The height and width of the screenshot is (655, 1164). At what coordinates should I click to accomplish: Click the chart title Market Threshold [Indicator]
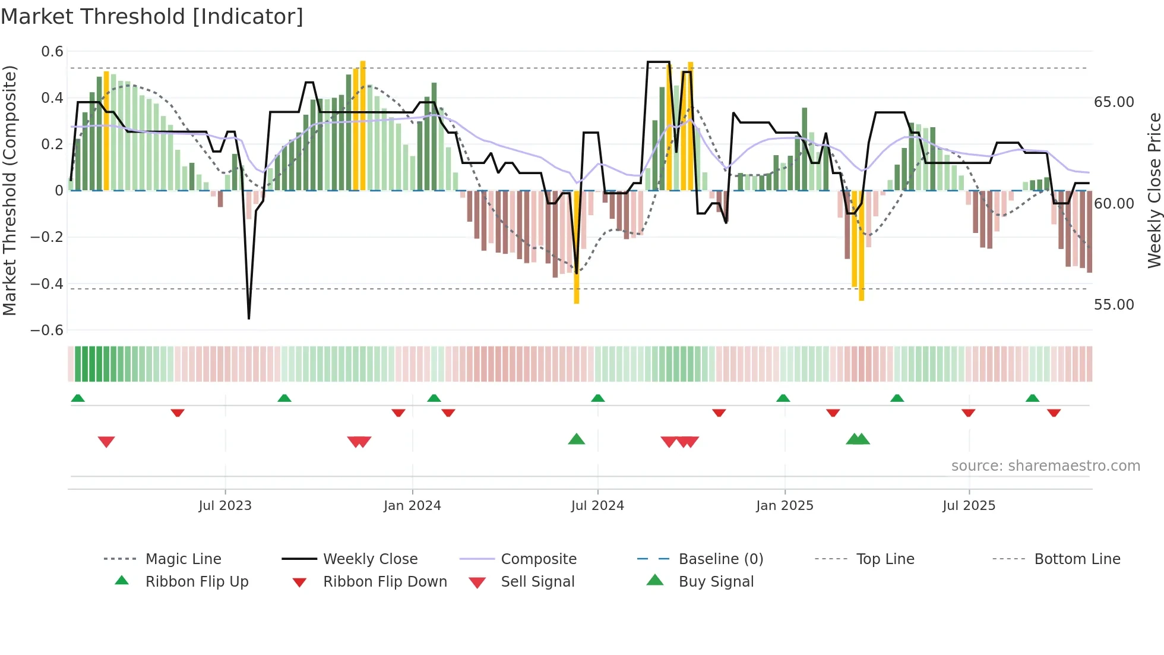[152, 17]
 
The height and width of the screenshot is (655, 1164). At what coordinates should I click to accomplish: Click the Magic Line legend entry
[183, 559]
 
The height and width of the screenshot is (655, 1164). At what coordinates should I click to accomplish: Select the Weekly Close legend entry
[370, 559]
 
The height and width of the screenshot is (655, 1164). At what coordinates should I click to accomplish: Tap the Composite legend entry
[538, 559]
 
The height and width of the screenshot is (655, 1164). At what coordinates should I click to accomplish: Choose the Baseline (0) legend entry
[720, 559]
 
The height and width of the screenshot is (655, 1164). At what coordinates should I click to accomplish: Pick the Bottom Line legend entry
[1077, 559]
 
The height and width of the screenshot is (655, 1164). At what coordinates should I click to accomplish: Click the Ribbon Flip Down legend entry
[384, 581]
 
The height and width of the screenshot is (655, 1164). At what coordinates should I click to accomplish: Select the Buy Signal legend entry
[716, 581]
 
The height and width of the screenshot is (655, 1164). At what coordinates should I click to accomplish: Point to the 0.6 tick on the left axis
[52, 52]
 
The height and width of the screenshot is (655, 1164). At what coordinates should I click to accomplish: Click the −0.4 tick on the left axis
[47, 284]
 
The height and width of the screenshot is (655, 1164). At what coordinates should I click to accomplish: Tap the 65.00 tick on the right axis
[1114, 102]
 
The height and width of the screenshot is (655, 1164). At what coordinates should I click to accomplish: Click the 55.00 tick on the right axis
[1114, 305]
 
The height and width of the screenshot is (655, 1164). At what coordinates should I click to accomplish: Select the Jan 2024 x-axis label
[412, 505]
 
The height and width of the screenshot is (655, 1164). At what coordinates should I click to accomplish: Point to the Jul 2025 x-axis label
[969, 505]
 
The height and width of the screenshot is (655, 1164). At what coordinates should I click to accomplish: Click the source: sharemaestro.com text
[1045, 465]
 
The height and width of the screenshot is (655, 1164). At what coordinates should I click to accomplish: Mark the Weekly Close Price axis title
[1154, 190]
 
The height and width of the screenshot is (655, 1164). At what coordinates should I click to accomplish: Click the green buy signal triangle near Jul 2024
[576, 439]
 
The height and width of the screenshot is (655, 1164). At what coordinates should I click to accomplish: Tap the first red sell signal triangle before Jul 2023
[106, 442]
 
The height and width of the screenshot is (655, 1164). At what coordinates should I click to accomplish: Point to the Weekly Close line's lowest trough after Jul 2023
[249, 318]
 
